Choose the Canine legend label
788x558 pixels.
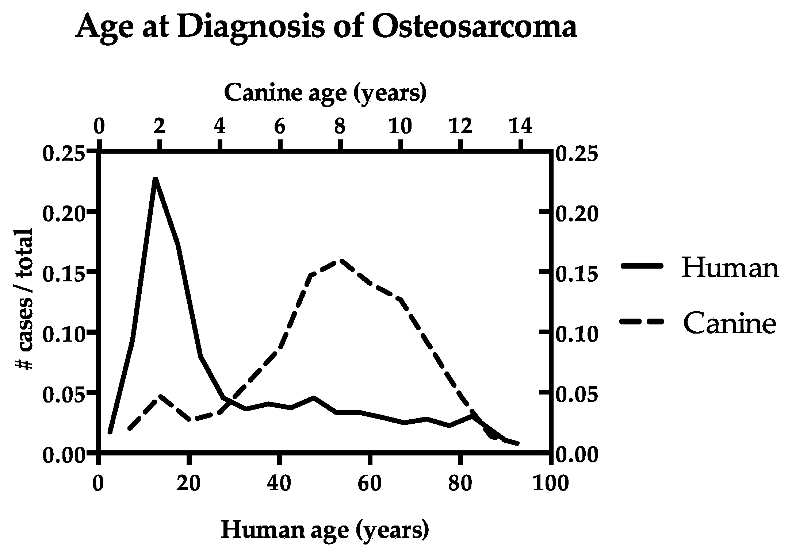point(729,323)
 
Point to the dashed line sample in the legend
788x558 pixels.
point(641,322)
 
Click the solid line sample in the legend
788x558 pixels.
point(641,267)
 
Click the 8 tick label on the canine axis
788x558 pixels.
point(340,127)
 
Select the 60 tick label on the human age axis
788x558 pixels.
point(370,483)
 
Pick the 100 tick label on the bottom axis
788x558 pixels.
point(550,483)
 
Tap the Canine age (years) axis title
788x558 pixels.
point(325,93)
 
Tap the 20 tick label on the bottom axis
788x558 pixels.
point(189,483)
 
